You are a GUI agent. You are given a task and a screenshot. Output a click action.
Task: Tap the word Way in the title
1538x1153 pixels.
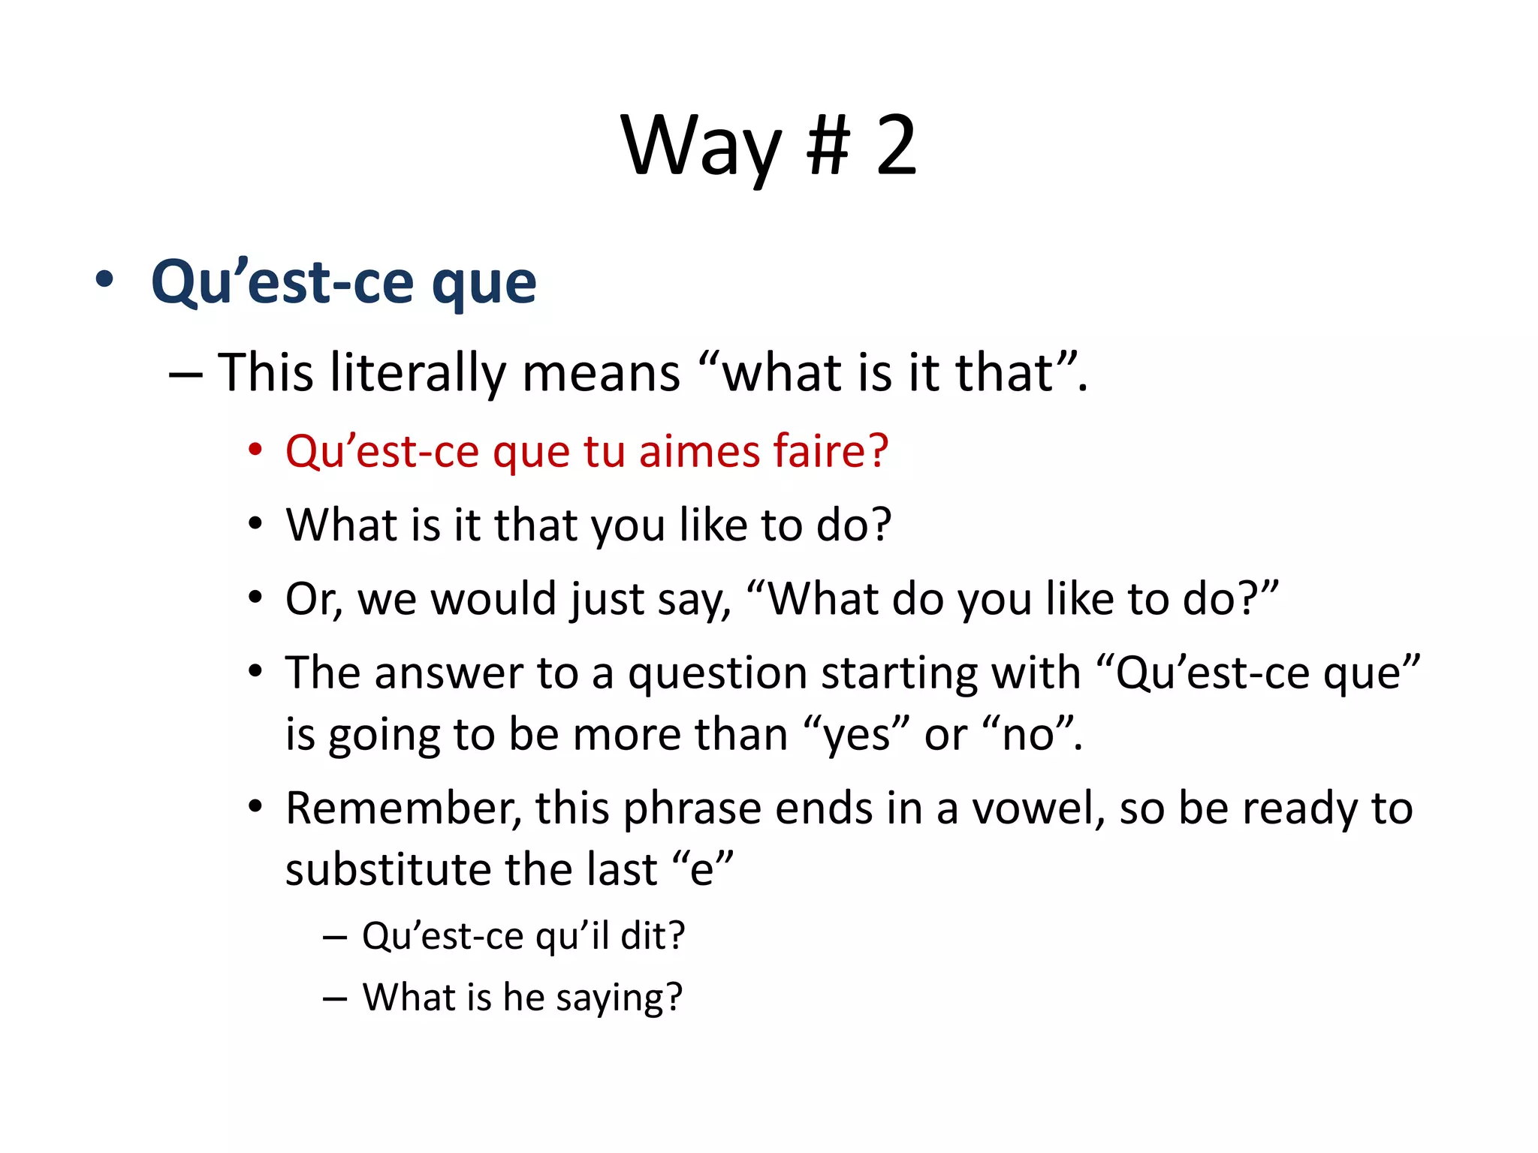pos(702,146)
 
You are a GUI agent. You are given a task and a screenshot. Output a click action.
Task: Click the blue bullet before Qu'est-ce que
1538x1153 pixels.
pos(105,280)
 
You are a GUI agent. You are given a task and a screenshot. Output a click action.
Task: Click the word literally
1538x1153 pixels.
pos(418,373)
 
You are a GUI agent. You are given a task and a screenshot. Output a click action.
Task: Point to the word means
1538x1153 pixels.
pos(601,373)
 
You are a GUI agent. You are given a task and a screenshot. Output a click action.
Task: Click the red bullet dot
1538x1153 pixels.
pos(256,450)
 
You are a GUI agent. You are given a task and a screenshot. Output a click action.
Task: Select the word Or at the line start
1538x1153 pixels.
pos(310,599)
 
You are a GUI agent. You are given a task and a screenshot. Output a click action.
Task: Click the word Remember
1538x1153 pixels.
pos(403,808)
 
